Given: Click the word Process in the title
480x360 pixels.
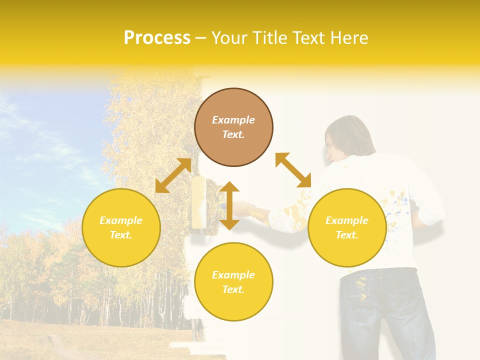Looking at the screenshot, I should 157,38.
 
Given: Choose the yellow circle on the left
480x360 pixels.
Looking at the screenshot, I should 121,227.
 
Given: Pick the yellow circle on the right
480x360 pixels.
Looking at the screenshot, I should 347,227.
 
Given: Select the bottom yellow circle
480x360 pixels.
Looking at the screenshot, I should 233,282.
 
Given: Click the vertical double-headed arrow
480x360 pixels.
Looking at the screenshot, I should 229,205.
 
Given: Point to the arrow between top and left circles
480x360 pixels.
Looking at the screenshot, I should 173,175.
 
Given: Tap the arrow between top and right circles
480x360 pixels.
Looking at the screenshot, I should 293,170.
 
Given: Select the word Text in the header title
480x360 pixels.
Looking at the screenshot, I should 306,38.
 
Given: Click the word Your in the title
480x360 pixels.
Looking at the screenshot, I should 230,38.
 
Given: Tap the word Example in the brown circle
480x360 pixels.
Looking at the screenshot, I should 233,120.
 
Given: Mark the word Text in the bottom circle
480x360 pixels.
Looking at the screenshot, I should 233,289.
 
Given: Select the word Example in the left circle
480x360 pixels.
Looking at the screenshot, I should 121,220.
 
